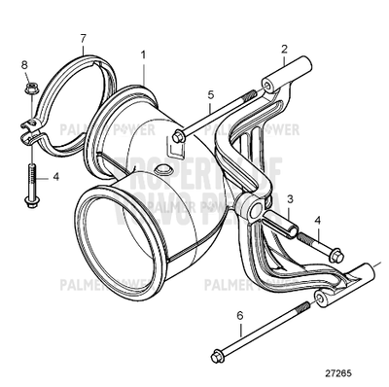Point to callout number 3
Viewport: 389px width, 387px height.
tap(291, 198)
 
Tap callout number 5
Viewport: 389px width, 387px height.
tap(209, 95)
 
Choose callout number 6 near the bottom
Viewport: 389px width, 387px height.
tap(239, 313)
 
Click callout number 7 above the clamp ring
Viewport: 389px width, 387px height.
tap(84, 38)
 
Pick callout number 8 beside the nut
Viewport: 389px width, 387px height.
tap(25, 65)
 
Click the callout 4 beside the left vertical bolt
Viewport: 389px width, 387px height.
tap(56, 177)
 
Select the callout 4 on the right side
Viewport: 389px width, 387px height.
tap(317, 221)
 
